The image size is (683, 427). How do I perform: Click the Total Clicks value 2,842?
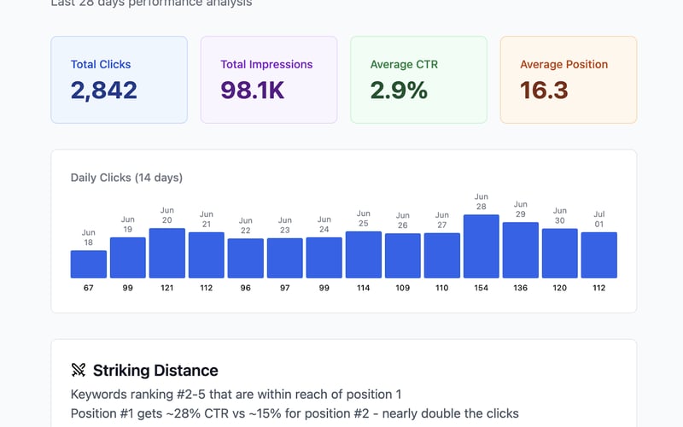[104, 90]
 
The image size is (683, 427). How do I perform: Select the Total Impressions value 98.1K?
[253, 90]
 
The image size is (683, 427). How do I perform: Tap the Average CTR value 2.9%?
[399, 90]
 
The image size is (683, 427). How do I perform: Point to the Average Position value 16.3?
[544, 90]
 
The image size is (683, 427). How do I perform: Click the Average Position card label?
[563, 64]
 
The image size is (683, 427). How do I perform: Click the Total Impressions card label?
[266, 64]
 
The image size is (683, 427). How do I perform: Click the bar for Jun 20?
[167, 253]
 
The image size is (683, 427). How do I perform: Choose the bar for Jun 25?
[364, 254]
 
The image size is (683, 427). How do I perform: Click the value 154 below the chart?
[482, 288]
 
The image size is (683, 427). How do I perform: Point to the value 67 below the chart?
[89, 288]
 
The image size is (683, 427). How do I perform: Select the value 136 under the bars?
[521, 288]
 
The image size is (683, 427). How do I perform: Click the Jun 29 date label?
[521, 210]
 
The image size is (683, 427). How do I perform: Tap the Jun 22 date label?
[246, 225]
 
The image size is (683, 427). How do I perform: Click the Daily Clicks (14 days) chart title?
[126, 178]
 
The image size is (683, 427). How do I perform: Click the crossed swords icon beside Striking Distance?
[79, 371]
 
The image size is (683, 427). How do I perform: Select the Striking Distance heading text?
[155, 371]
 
